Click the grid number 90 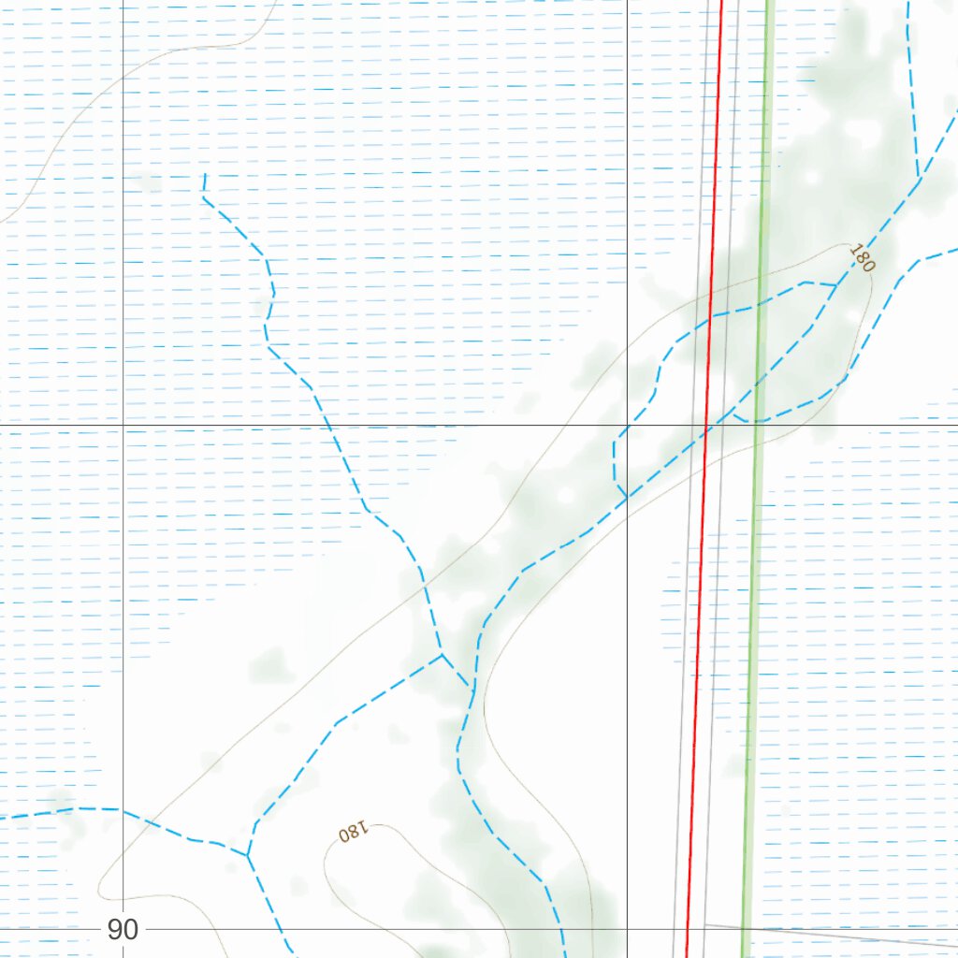[x=122, y=930]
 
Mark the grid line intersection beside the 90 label [x=123, y=930]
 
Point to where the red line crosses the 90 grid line [x=688, y=930]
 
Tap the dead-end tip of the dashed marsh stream [x=205, y=175]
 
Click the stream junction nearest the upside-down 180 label [x=248, y=854]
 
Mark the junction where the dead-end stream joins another [x=441, y=654]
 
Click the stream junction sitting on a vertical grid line [x=626, y=498]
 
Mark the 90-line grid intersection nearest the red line [x=627, y=930]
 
